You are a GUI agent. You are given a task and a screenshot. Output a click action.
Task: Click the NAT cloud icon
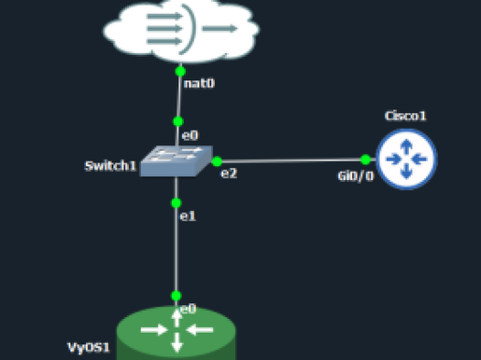pos(181,31)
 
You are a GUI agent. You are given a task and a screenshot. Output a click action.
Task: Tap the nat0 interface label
pos(199,83)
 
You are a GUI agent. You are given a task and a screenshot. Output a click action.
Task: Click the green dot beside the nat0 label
pos(180,71)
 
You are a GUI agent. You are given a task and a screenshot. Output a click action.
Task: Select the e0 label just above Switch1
pos(190,135)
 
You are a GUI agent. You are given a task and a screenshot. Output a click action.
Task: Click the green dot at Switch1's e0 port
pos(178,122)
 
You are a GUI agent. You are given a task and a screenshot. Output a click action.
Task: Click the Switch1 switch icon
pos(176,161)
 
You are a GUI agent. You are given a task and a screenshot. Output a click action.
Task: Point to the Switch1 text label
pos(111,165)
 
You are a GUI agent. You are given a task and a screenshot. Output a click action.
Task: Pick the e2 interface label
pos(229,174)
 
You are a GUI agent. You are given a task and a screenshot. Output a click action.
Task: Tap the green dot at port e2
pos(217,161)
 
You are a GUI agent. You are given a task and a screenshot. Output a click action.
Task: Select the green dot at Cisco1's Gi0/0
pos(366,159)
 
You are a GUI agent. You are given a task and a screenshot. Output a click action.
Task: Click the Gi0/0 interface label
pos(356,176)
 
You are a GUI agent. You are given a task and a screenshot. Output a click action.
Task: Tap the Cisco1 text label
pos(405,116)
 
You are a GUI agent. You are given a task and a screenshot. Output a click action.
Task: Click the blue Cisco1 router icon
pos(406,159)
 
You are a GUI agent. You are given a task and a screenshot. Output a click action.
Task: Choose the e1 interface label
pos(187,217)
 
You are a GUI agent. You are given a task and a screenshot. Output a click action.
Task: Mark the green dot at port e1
pos(176,203)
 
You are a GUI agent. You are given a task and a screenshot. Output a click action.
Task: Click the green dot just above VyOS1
pos(176,296)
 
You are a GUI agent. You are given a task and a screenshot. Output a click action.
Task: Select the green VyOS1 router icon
pos(176,333)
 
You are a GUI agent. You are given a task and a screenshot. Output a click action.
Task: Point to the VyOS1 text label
pos(89,347)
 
